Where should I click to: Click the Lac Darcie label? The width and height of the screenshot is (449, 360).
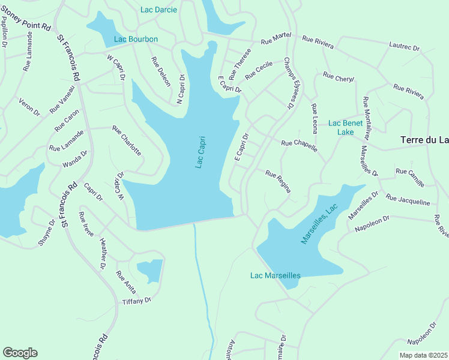click(158, 10)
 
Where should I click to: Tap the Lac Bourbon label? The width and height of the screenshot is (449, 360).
click(136, 40)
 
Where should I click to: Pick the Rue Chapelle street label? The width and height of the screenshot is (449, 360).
click(299, 145)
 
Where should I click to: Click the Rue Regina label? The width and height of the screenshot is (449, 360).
click(279, 181)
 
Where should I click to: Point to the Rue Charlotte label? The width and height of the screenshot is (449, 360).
click(127, 140)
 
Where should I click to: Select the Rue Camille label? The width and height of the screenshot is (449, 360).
click(410, 176)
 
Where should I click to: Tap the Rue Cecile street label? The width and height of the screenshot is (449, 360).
click(259, 71)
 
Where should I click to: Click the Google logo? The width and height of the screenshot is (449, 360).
click(20, 353)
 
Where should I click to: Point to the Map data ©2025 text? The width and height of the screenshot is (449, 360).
click(423, 355)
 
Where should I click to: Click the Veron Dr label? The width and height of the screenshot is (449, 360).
click(29, 107)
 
